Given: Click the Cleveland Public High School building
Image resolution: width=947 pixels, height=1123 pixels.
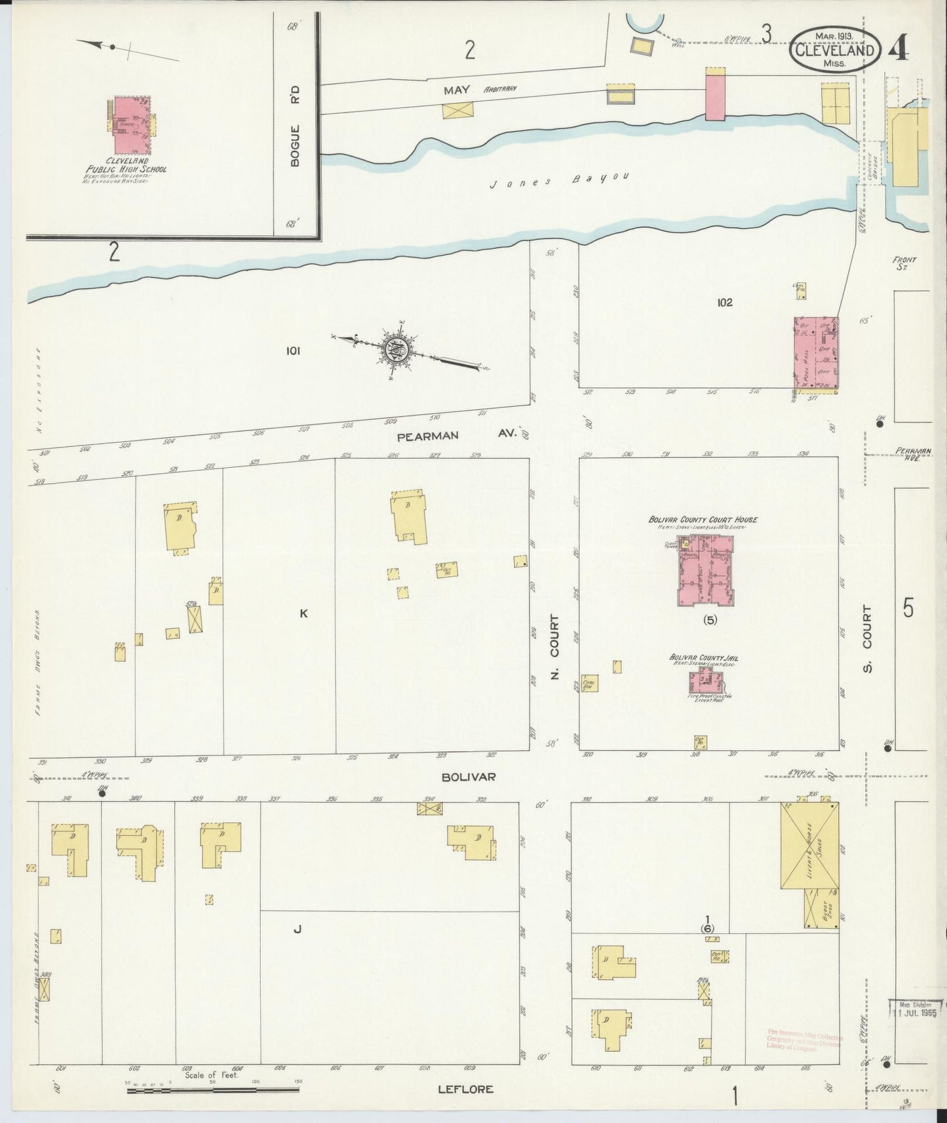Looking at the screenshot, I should (132, 124).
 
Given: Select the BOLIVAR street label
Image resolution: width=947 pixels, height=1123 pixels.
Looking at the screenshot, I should (468, 776).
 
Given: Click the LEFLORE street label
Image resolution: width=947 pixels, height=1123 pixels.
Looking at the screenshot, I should (465, 1090).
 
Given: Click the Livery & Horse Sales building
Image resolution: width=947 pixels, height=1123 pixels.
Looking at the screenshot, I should (809, 845).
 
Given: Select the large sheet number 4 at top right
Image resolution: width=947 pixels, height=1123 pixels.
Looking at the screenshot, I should (906, 49).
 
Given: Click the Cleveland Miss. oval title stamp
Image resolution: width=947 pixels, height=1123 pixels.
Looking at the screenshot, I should (834, 49).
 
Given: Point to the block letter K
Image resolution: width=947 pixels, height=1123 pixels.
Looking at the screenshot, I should (303, 613).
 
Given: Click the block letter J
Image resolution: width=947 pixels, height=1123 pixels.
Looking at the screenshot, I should (297, 928).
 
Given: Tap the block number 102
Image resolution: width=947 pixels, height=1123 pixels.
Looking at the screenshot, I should (724, 303).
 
